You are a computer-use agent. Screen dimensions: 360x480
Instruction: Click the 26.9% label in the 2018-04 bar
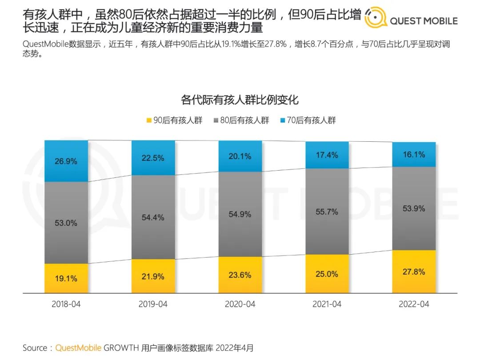tap(66, 161)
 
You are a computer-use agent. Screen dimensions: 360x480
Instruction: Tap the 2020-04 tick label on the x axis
tap(240, 304)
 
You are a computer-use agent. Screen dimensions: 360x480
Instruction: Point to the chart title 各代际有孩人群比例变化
tap(240, 99)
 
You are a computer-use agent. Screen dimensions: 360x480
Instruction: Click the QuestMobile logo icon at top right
tap(376, 18)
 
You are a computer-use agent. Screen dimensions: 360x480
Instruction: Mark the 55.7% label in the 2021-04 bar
tap(327, 212)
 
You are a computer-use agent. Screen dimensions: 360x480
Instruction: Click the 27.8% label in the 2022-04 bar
tap(413, 272)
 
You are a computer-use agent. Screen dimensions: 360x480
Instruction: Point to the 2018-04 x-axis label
tap(66, 304)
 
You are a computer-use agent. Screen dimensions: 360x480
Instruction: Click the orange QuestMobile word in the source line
tap(78, 348)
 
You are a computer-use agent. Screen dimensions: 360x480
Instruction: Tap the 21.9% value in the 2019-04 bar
tap(153, 276)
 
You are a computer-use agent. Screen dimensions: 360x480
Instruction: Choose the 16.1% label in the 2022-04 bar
tap(413, 155)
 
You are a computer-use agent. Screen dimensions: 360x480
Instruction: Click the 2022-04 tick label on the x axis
tap(413, 304)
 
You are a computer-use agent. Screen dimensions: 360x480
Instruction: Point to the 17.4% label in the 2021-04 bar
tap(327, 155)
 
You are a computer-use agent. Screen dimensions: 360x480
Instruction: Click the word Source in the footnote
tap(36, 348)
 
